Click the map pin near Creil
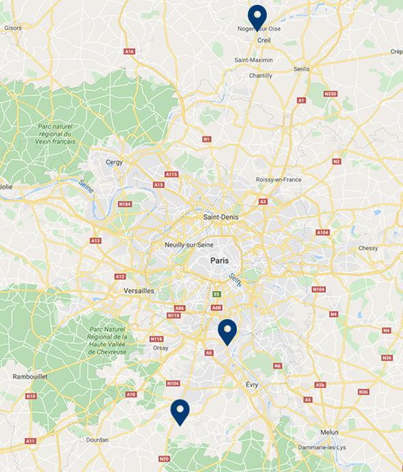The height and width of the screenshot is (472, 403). coord(257,16)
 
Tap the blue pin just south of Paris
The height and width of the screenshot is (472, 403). coord(227,331)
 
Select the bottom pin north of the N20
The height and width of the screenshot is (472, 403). coord(179,411)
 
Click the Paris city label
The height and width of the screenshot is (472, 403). coord(220,260)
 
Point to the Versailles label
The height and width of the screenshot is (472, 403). coord(139,291)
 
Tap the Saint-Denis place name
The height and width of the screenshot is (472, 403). coord(220,217)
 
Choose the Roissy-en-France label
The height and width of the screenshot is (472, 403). coord(278,179)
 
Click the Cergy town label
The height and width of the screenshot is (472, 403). coord(114,162)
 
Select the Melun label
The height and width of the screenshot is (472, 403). coord(329,432)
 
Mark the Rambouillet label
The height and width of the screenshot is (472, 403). coord(30,377)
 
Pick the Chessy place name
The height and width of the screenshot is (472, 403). coord(368,248)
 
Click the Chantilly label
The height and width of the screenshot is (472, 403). coord(260,76)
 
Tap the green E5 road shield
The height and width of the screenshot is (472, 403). coord(217,294)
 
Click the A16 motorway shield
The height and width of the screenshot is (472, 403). coord(129,51)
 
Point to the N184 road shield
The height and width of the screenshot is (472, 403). coord(125,204)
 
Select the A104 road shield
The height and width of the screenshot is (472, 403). coord(322,233)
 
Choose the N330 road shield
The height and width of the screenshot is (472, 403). coord(330,94)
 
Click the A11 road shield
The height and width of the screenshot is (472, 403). coord(30,441)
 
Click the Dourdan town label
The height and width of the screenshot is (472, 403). coord(97,440)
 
